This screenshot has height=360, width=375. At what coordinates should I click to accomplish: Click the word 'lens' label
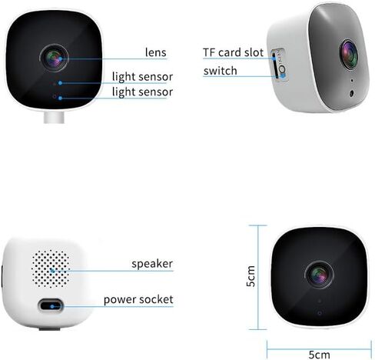(156, 52)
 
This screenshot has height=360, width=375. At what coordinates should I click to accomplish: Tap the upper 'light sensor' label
(142, 77)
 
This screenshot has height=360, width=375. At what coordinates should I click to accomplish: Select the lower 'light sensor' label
(142, 92)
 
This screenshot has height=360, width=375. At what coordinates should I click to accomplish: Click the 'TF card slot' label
(233, 52)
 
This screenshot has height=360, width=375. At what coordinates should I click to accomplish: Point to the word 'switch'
(221, 71)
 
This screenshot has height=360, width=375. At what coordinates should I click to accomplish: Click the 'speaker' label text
(152, 264)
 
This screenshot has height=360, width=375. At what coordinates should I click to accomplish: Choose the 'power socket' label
(138, 300)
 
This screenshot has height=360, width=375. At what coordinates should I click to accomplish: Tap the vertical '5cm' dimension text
(251, 276)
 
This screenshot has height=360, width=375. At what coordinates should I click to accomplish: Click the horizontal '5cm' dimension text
(319, 355)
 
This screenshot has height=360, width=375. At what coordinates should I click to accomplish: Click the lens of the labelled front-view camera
(54, 58)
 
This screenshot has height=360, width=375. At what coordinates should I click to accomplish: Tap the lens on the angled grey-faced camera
(349, 55)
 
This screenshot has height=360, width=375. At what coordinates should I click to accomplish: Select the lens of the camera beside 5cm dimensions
(319, 275)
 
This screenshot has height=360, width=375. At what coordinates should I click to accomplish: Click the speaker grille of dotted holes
(51, 268)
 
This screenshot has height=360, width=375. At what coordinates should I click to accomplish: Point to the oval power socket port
(51, 306)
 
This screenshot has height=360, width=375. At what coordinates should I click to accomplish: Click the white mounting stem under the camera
(54, 117)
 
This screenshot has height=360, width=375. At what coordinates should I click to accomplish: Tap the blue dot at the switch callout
(283, 75)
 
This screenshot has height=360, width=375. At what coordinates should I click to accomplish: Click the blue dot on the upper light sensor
(60, 83)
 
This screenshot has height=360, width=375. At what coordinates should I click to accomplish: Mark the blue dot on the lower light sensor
(60, 98)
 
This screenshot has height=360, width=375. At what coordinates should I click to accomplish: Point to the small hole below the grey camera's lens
(352, 93)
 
